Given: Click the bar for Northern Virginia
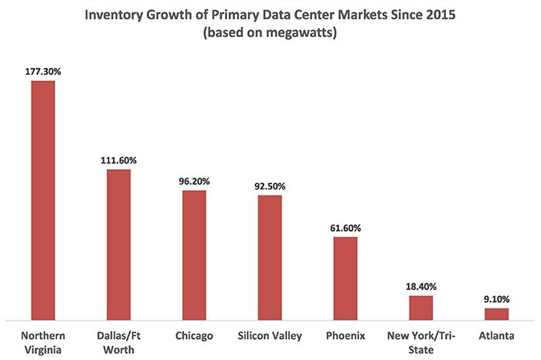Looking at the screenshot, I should pos(43,199).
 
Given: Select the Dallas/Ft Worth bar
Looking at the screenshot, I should pos(118,243).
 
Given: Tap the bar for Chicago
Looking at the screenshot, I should pos(194,254).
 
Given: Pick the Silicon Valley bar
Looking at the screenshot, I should pos(270,256).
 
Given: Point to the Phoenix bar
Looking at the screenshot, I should pos(345,277).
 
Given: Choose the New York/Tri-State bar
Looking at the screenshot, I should pos(421,307).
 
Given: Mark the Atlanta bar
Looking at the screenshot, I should pos(497,314).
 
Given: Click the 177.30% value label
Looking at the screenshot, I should pos(43,70).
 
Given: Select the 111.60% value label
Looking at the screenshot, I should pos(118,160).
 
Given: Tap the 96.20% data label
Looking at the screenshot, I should pos(194,181).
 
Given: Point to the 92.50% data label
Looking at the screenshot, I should pos(270,185).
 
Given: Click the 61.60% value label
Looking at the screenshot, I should pos(345,228).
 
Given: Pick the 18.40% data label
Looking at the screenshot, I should pos(421,286).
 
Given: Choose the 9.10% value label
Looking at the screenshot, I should pos(497,299).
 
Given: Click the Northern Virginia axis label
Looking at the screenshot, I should pos(43,342).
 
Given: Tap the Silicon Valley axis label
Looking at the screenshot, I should pos(270,336).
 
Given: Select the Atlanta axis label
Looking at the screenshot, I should pos(497,336).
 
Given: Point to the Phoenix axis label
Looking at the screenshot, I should pos(345,336).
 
